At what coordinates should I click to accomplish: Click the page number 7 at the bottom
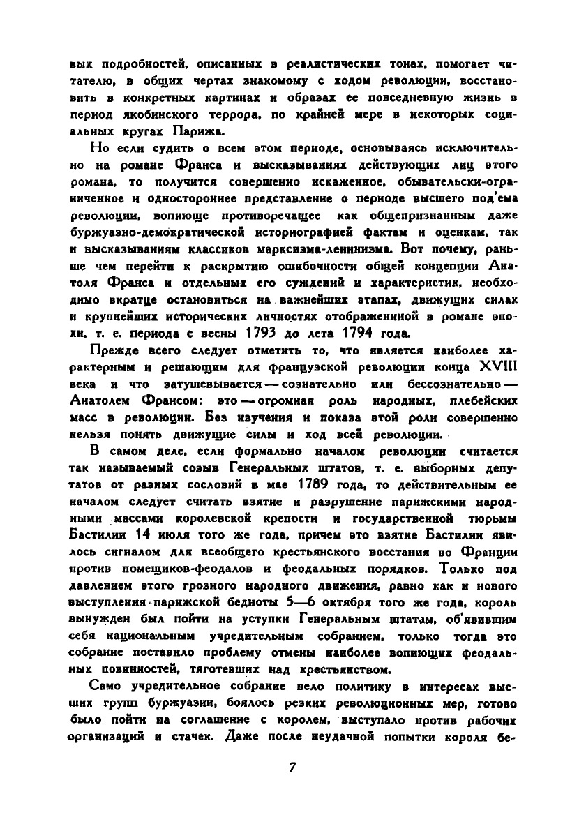pos(293,768)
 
